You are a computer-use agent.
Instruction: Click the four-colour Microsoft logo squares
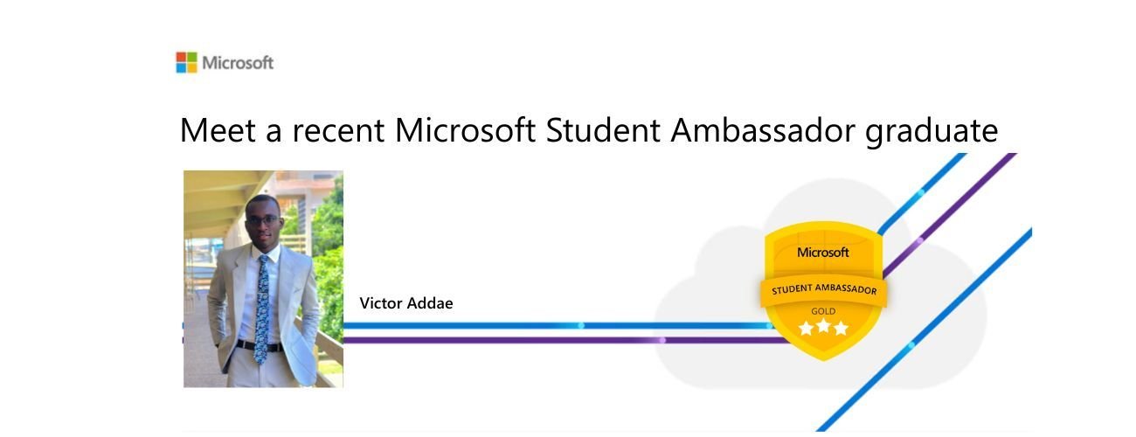(186, 62)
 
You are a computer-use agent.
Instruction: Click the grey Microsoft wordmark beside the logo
(238, 63)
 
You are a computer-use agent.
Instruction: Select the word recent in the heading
(338, 131)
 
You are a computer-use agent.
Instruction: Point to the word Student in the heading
(603, 131)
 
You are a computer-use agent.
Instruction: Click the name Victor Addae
(406, 304)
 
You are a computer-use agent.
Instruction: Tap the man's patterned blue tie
(261, 306)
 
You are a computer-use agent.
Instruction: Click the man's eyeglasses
(262, 219)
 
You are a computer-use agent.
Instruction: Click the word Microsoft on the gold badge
(822, 253)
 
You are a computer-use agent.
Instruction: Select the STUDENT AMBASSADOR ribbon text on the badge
(823, 288)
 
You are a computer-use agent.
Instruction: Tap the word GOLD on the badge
(823, 311)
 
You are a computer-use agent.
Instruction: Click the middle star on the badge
(823, 327)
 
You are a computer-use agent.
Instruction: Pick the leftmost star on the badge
(806, 329)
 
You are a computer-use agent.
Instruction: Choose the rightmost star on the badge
(841, 329)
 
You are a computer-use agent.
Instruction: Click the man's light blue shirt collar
(261, 251)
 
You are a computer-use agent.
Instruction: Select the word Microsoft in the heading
(464, 131)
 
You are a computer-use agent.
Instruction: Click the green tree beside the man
(329, 253)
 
